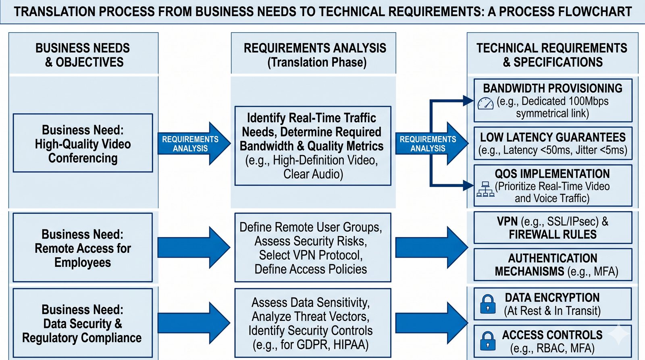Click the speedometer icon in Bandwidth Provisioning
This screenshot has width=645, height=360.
click(x=485, y=103)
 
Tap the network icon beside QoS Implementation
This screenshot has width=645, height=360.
click(x=485, y=189)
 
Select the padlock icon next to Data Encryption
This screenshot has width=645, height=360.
click(x=488, y=304)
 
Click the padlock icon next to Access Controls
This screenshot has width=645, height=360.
click(x=488, y=341)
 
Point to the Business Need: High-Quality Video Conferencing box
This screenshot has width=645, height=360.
click(x=83, y=143)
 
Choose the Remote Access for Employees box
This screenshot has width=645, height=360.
click(x=83, y=248)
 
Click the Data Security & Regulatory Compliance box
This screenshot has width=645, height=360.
click(x=83, y=323)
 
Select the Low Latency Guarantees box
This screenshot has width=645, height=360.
click(x=553, y=143)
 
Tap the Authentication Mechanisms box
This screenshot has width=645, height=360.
click(x=553, y=264)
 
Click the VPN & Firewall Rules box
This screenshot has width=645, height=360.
click(x=553, y=228)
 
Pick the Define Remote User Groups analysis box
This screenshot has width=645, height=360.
click(x=312, y=248)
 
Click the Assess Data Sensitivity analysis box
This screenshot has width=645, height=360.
click(x=312, y=323)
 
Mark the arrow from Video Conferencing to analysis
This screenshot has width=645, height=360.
click(x=193, y=144)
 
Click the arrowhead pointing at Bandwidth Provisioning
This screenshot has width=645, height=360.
click(x=469, y=100)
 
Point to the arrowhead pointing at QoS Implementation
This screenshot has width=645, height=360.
click(x=469, y=185)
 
